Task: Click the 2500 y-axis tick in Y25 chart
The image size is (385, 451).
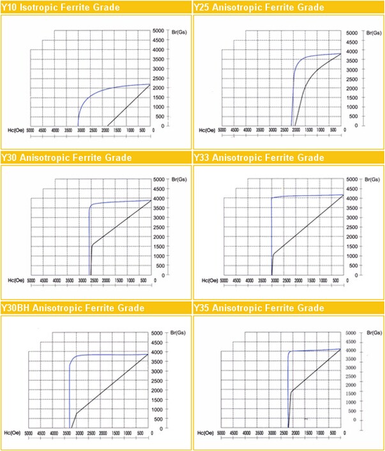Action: point(352,79)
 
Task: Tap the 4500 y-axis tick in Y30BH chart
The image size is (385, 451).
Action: point(160,343)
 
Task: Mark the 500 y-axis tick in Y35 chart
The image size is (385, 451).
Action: point(352,421)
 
